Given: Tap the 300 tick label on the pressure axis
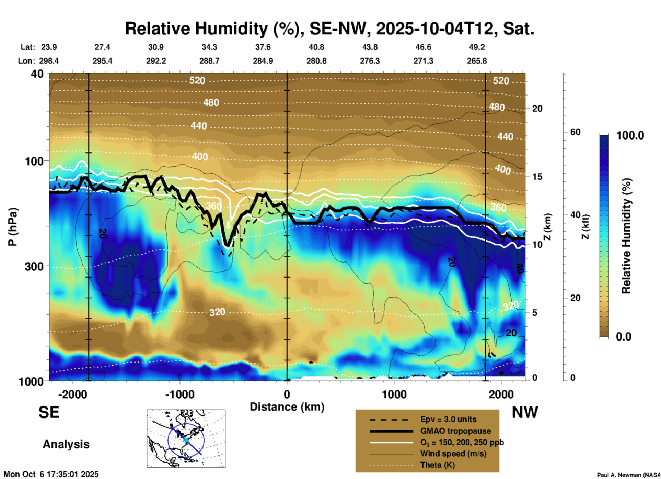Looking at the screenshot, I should [34, 266].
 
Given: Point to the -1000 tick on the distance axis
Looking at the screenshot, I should [179, 394].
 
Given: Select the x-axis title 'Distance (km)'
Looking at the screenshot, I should [287, 407].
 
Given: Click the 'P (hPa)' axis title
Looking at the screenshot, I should [12, 226].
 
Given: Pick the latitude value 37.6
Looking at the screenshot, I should [263, 47].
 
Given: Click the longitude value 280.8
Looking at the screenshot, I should [316, 61].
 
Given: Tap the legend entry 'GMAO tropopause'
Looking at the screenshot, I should [455, 431].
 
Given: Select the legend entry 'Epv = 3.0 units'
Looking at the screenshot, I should [448, 419].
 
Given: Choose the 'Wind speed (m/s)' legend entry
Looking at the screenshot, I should [453, 454].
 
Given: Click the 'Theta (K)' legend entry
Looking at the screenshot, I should [437, 465].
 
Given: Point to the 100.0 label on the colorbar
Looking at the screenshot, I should [630, 135].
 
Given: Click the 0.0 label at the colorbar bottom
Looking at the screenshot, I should [624, 336].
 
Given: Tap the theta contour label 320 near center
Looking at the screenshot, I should [217, 312].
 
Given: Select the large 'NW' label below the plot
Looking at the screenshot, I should [525, 412].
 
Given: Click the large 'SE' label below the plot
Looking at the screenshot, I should [49, 412].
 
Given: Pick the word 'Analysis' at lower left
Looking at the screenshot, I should [66, 444].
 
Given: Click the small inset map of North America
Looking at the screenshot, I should [186, 438].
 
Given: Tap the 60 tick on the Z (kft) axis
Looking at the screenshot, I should [575, 132].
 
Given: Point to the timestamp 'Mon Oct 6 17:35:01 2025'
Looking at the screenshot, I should [51, 474].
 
